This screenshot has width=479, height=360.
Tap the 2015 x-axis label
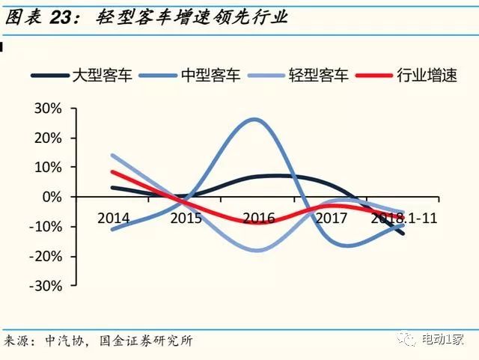tap(185, 218)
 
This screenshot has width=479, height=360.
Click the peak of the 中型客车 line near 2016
tap(255, 119)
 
